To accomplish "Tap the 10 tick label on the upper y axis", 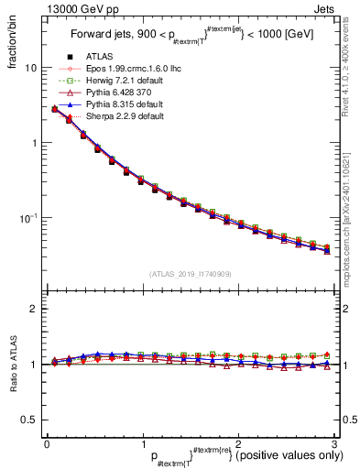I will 30,68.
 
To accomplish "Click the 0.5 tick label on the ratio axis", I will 29,420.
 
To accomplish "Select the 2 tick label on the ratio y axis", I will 33,309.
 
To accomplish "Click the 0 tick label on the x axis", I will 47,444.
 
